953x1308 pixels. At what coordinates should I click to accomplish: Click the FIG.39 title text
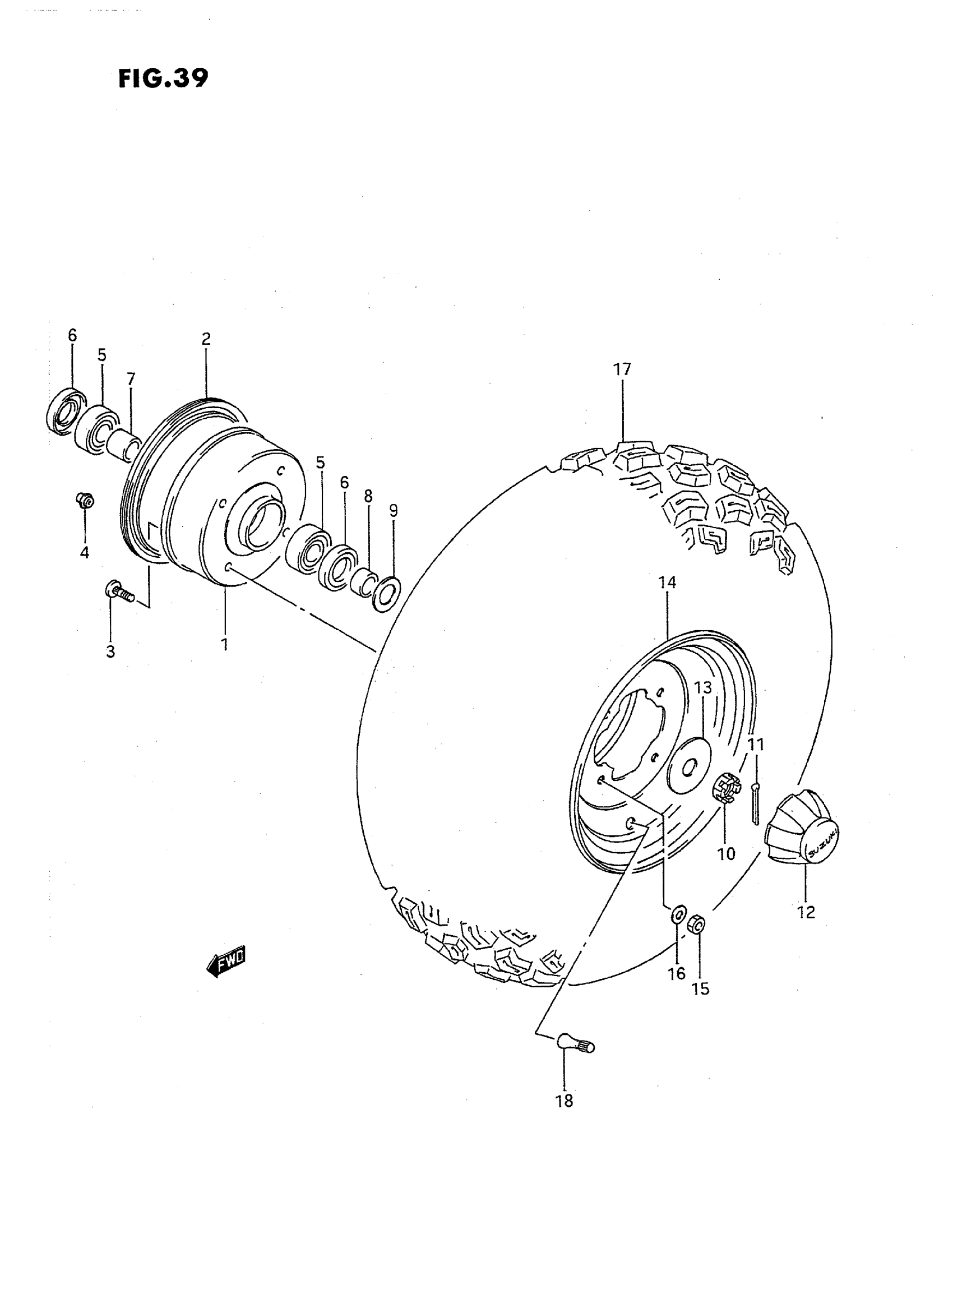(x=163, y=78)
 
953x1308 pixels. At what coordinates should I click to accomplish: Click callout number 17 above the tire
(x=622, y=369)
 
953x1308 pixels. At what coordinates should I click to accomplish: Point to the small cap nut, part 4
(x=85, y=500)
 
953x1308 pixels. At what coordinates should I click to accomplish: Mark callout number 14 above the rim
(x=667, y=583)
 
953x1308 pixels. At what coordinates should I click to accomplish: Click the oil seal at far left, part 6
(x=63, y=411)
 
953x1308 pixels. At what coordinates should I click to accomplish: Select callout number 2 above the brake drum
(x=206, y=339)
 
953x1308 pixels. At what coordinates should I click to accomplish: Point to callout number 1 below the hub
(x=224, y=645)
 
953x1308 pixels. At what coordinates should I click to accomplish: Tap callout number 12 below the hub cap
(x=806, y=912)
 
